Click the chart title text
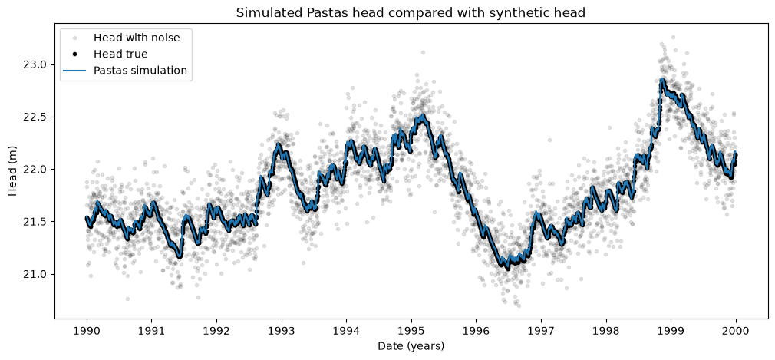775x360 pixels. (411, 13)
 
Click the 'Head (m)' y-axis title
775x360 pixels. (13, 170)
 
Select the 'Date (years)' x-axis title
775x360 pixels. (411, 345)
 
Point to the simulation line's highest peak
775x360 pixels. (661, 79)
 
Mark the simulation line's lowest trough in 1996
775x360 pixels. (508, 268)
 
